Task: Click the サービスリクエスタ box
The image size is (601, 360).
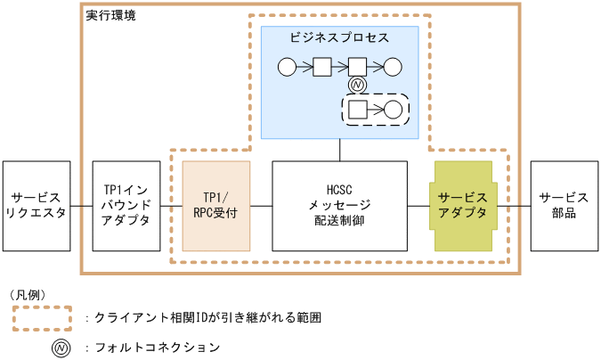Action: (x=36, y=206)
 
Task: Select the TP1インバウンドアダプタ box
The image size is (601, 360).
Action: (x=126, y=206)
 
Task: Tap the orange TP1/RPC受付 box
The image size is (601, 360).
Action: (x=216, y=206)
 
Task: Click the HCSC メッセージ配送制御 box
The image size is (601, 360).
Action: (x=339, y=206)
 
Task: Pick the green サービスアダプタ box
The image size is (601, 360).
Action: (x=463, y=206)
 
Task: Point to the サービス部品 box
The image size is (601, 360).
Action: (x=564, y=206)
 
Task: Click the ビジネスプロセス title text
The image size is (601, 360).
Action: (x=339, y=38)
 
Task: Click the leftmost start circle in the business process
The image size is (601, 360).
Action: (x=287, y=65)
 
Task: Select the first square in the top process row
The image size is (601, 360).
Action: (x=322, y=65)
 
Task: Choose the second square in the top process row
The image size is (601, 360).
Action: (x=357, y=65)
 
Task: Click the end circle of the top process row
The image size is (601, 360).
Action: (x=393, y=65)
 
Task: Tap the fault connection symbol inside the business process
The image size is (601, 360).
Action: (x=357, y=85)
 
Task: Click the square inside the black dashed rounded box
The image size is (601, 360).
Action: (x=357, y=110)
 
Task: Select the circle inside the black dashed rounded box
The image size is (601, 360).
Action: (x=393, y=110)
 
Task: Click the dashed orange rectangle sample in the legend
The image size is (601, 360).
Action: (x=42, y=317)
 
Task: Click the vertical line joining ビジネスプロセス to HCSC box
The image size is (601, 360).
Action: (x=339, y=150)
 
